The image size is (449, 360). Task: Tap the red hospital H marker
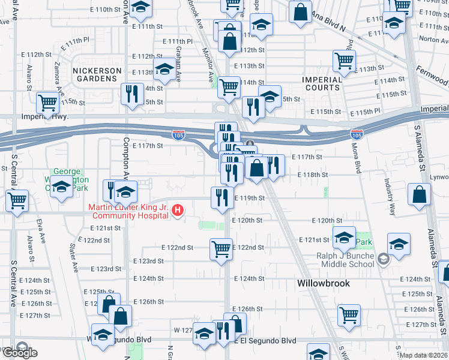pyautogui.click(x=178, y=210)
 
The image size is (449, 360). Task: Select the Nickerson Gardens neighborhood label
pyautogui.click(x=95, y=74)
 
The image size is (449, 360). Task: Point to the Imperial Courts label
pyautogui.click(x=322, y=83)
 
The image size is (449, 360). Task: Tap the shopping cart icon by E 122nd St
pyautogui.click(x=221, y=248)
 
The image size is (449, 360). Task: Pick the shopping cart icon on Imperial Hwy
pyautogui.click(x=47, y=102)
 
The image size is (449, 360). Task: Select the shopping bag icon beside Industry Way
pyautogui.click(x=419, y=194)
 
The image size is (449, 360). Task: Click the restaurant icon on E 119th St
pyautogui.click(x=222, y=197)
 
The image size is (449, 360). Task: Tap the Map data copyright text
pyautogui.click(x=423, y=354)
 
